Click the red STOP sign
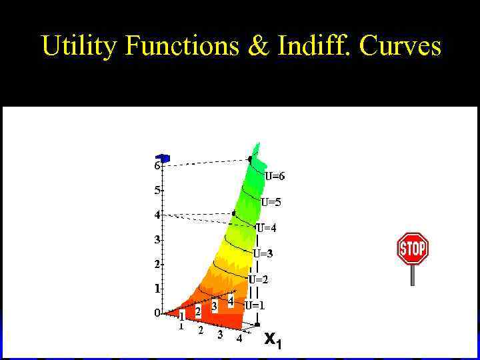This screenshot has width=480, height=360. click(412, 249)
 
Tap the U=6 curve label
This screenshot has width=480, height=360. click(274, 177)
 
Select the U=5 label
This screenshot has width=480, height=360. click(271, 202)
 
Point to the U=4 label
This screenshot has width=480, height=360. click(267, 228)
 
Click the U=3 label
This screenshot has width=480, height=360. click(263, 253)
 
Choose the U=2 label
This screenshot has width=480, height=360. click(259, 279)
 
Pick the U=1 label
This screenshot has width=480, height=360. click(254, 305)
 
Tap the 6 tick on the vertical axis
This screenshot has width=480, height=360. click(158, 165)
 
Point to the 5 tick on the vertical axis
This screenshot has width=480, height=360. click(158, 190)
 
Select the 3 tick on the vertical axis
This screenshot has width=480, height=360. click(158, 239)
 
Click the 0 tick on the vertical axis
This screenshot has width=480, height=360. click(158, 312)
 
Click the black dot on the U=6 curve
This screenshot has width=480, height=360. click(250, 159)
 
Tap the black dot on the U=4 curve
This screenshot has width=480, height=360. click(234, 213)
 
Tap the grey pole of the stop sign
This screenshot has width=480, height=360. click(413, 275)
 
